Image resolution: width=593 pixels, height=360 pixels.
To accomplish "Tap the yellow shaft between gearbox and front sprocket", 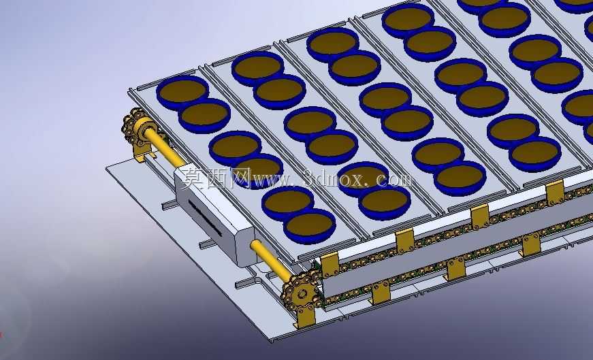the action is (270, 259).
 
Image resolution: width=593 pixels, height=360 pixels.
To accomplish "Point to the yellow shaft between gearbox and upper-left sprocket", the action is (163, 146).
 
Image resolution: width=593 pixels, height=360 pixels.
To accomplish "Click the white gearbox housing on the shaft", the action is (214, 216).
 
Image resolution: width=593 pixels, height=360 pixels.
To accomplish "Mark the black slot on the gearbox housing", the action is (205, 218).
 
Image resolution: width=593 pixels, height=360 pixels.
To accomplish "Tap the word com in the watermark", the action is (394, 178).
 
